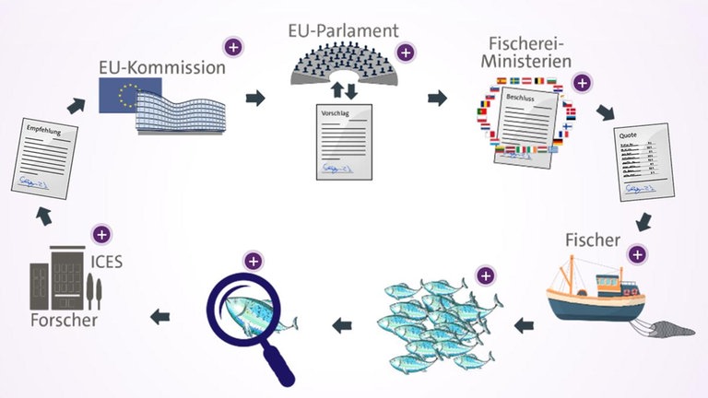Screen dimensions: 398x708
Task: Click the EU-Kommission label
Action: pyautogui.click(x=161, y=67)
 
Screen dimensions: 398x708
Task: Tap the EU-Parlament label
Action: pyautogui.click(x=342, y=30)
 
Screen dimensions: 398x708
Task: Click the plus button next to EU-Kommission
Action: pyautogui.click(x=234, y=45)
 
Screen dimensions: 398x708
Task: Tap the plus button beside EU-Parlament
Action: pyautogui.click(x=406, y=52)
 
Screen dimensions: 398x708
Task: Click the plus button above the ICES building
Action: pyautogui.click(x=101, y=234)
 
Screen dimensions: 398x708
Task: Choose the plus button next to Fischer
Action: pyautogui.click(x=637, y=252)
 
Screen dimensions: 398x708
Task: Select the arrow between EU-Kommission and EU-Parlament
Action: pyautogui.click(x=254, y=97)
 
